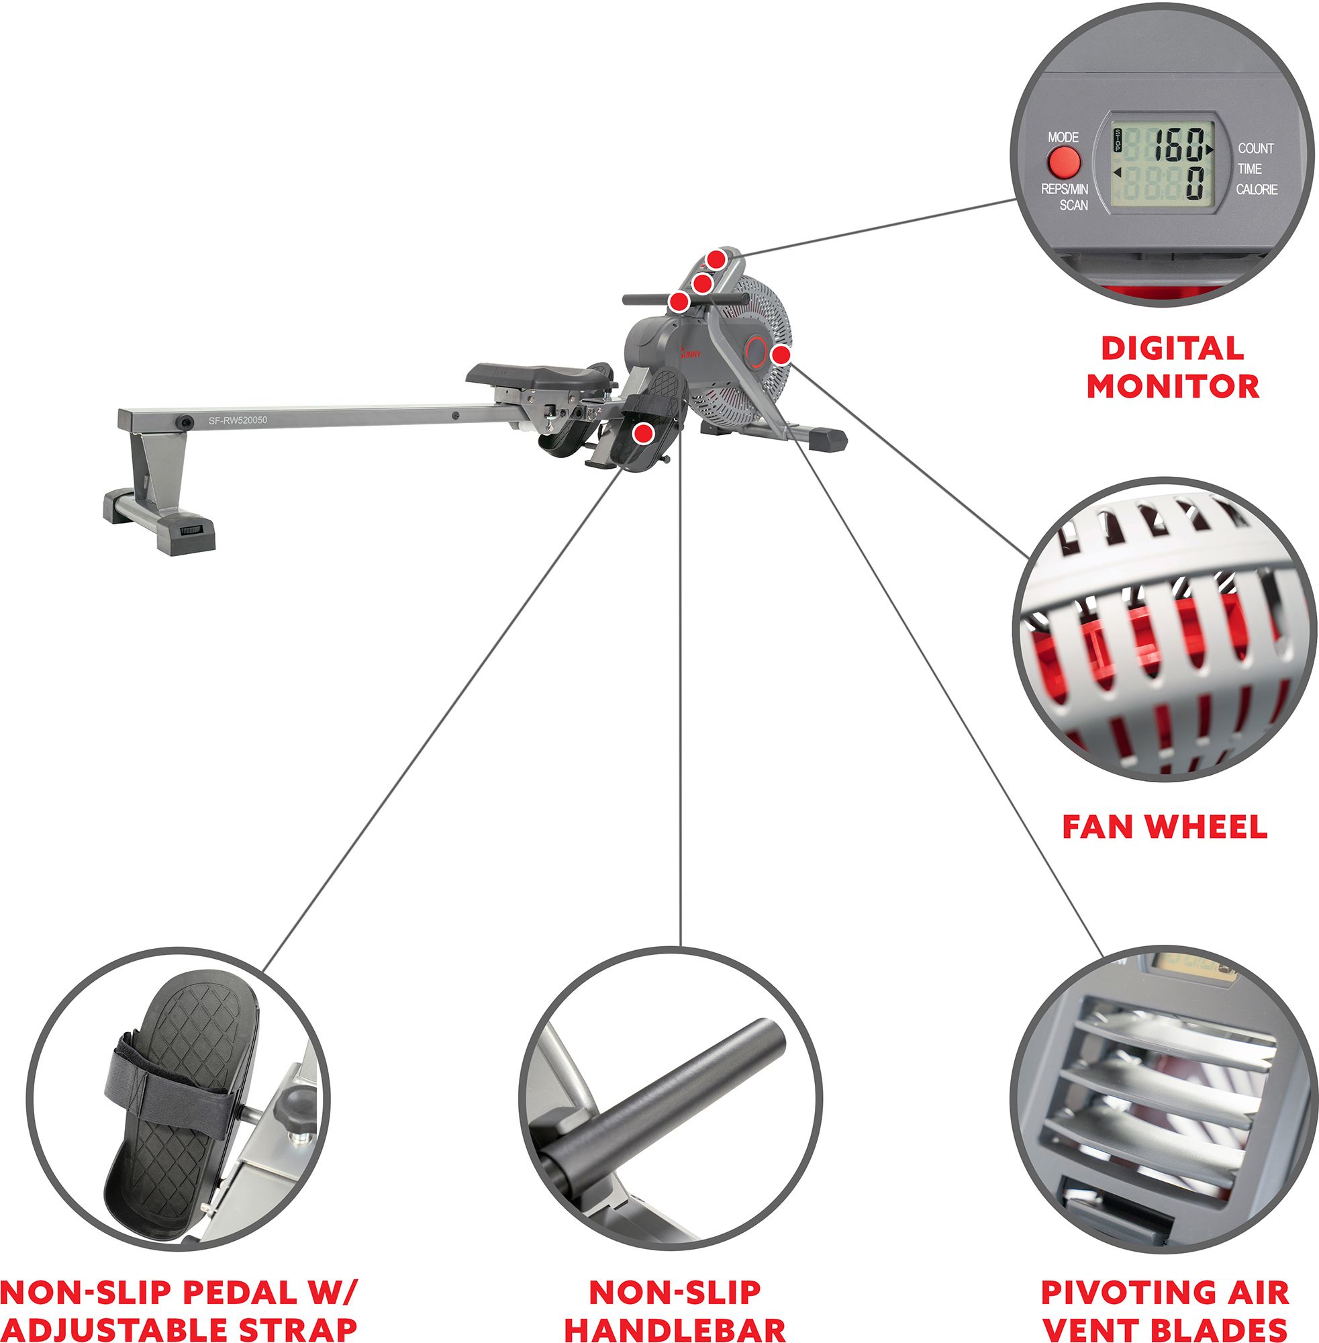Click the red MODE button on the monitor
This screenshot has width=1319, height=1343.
[1063, 164]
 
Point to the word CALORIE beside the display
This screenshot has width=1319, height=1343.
[1257, 189]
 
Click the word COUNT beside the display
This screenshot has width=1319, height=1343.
[1255, 148]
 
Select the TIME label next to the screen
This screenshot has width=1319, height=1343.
[1250, 169]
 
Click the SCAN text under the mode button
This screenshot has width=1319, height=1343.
[1073, 205]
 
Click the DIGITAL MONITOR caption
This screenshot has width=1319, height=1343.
[1172, 367]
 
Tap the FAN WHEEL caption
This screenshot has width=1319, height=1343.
[1165, 827]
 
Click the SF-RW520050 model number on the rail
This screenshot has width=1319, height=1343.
[238, 420]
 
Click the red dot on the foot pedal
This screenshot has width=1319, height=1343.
[644, 433]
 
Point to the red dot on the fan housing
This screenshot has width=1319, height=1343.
[781, 355]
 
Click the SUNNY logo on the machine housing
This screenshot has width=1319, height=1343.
[690, 353]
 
